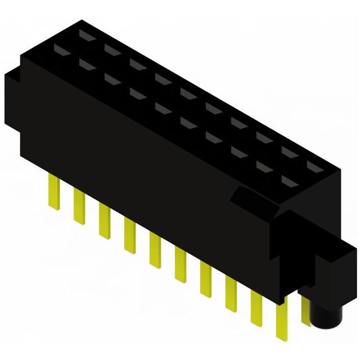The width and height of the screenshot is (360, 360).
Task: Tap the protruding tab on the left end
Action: (x=12, y=101)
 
